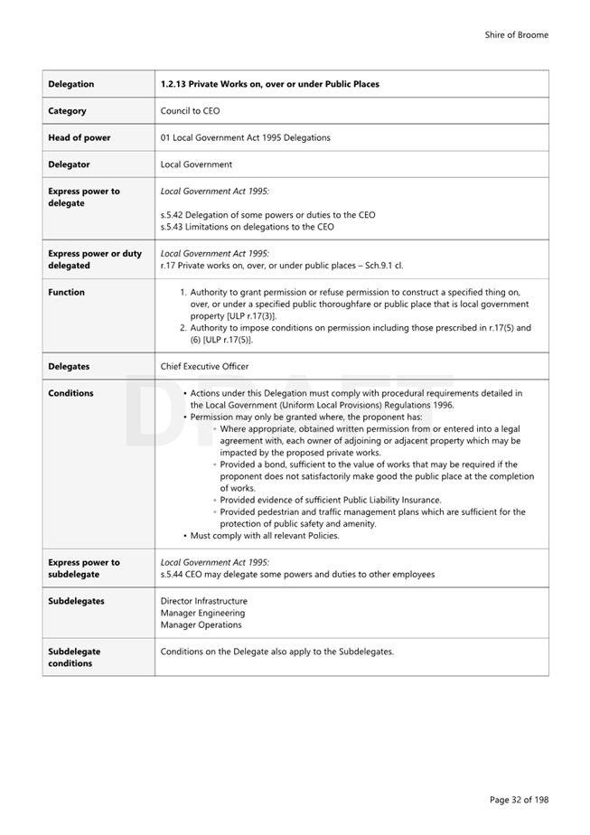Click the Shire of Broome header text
click(516, 35)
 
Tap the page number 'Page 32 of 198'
click(519, 800)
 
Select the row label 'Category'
click(68, 111)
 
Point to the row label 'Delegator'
click(70, 164)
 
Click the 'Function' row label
click(66, 292)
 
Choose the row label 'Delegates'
click(70, 366)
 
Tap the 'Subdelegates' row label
click(76, 601)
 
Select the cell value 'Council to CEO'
click(190, 111)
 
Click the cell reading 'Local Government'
click(196, 164)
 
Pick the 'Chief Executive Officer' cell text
click(204, 366)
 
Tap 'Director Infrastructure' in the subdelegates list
click(203, 601)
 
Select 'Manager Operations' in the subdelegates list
click(201, 624)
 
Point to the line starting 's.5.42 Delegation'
click(267, 215)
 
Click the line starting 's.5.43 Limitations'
click(247, 227)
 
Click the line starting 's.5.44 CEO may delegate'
click(297, 574)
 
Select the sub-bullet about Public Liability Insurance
click(330, 500)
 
